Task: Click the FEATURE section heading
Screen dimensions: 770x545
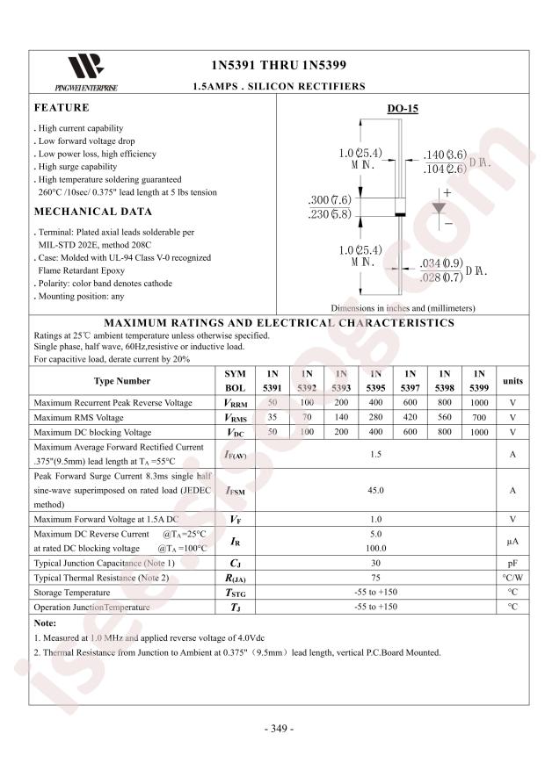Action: [x=62, y=108]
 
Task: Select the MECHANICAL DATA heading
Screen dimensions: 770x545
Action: [x=92, y=212]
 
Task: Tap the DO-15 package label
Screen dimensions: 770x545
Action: [x=403, y=109]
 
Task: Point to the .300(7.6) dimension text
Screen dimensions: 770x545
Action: [x=330, y=199]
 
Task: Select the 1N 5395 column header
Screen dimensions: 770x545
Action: [x=376, y=380]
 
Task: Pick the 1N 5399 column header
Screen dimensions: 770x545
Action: [x=478, y=380]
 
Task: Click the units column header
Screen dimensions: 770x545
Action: [x=512, y=381]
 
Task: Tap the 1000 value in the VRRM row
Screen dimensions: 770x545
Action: [x=478, y=402]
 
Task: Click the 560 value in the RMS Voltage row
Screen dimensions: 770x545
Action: [x=445, y=418]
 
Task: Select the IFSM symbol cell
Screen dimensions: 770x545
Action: [x=234, y=491]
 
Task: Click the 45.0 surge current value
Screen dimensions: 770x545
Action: [x=376, y=491]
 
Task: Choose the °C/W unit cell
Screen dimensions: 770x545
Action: [x=512, y=578]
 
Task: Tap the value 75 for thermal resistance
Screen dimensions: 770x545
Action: [x=376, y=578]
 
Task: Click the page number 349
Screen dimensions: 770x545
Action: [x=279, y=729]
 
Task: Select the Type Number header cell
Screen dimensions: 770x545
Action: [x=122, y=381]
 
